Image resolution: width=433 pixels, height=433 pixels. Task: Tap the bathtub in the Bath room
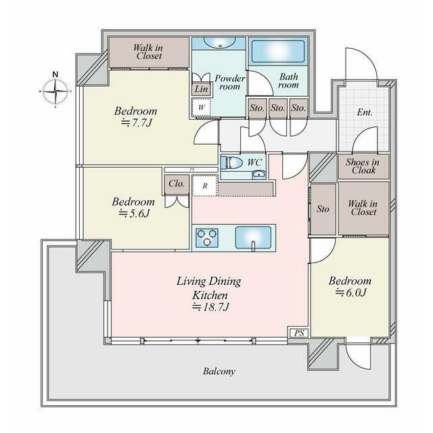pyautogui.click(x=278, y=51)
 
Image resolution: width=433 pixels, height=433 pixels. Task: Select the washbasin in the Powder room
pyautogui.click(x=220, y=43)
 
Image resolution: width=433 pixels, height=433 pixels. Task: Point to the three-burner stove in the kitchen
pyautogui.click(x=207, y=237)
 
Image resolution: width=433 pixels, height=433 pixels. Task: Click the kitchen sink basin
pyautogui.click(x=253, y=237)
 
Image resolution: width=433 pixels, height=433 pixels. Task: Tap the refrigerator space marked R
pyautogui.click(x=205, y=185)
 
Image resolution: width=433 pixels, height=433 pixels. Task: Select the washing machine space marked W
pyautogui.click(x=202, y=108)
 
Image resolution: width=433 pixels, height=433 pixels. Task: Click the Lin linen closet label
pyautogui.click(x=202, y=89)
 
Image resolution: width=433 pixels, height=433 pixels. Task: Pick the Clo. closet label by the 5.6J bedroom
pyautogui.click(x=177, y=183)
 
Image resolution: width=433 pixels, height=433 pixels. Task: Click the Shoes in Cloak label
pyautogui.click(x=363, y=166)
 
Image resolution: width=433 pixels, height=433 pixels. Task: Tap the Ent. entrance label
pyautogui.click(x=365, y=112)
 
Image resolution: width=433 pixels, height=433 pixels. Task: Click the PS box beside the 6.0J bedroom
pyautogui.click(x=299, y=333)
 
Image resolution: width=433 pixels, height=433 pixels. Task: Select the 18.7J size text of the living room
pyautogui.click(x=210, y=307)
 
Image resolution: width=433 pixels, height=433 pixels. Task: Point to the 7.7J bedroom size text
pyautogui.click(x=137, y=122)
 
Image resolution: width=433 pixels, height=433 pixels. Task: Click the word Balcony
pyautogui.click(x=219, y=371)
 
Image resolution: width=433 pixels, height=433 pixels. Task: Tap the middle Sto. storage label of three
pyautogui.click(x=277, y=108)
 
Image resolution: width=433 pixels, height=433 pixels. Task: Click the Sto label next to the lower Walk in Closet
pyautogui.click(x=323, y=209)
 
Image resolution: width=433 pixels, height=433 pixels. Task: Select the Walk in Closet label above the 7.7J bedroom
pyautogui.click(x=149, y=51)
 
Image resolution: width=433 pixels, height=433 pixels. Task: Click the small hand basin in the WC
pyautogui.click(x=259, y=175)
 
